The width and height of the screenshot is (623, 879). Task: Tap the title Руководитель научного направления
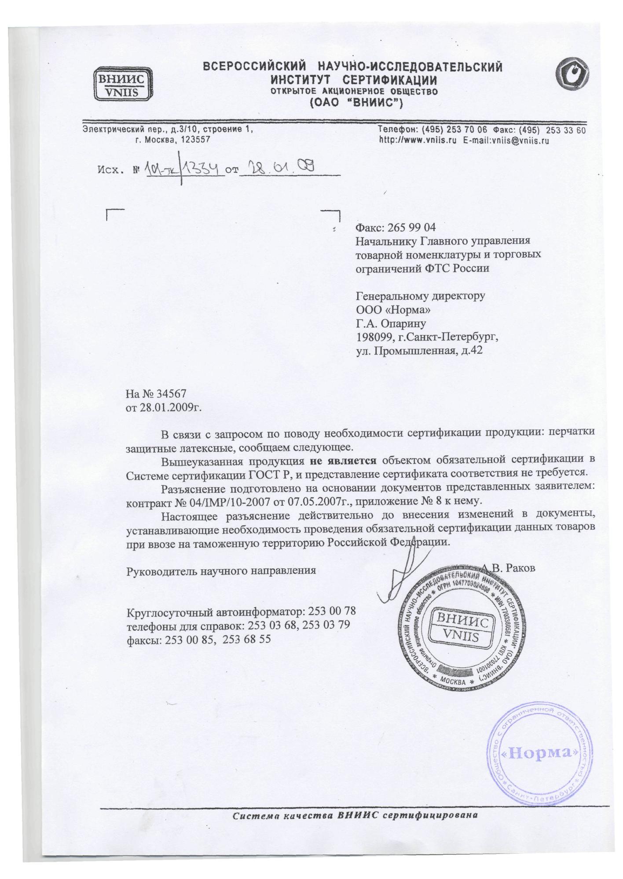pos(221,570)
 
